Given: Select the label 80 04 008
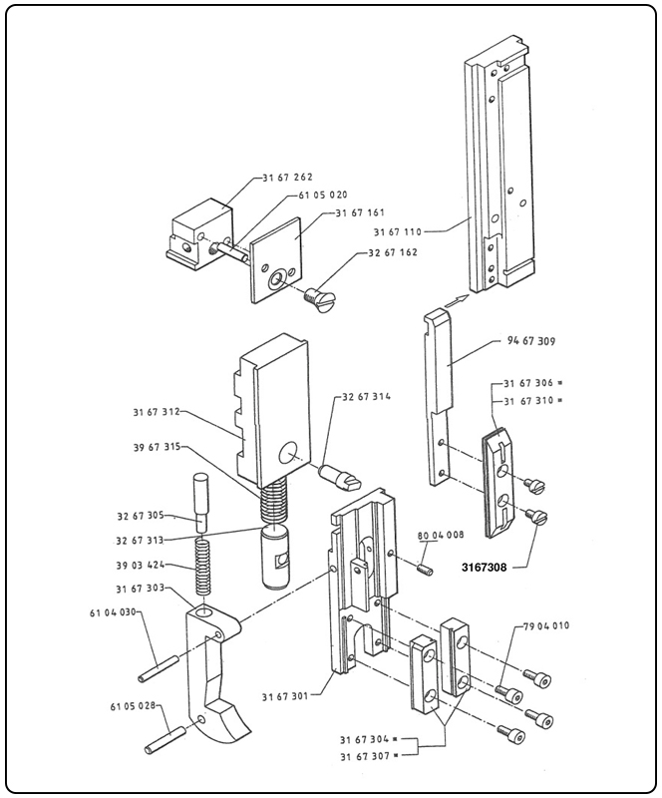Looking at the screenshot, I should pos(439,535).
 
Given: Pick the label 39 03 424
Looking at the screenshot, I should pos(140,564).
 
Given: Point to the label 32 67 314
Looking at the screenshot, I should pos(366,396).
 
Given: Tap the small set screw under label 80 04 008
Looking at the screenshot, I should pos(423,569).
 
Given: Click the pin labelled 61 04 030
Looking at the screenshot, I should pos(163,662).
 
